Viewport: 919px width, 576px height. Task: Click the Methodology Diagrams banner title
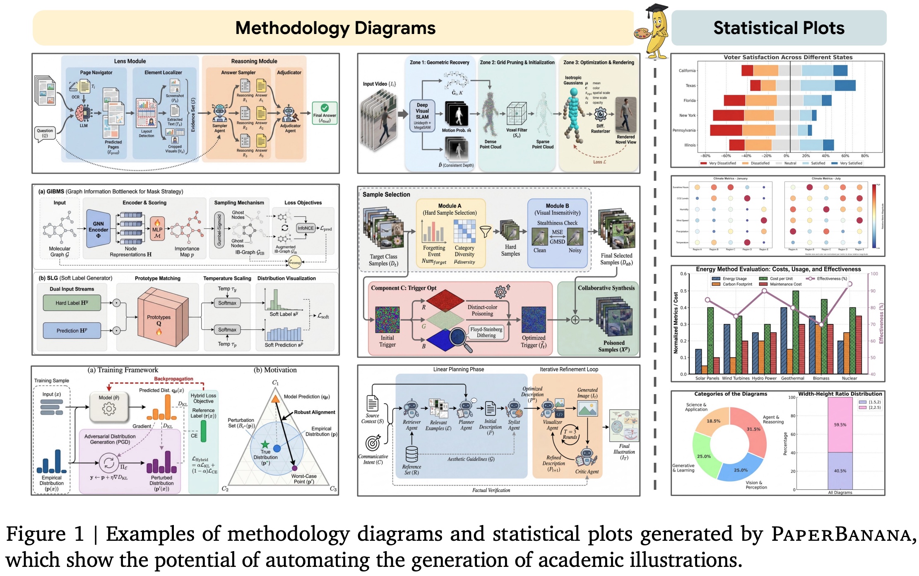pos(335,28)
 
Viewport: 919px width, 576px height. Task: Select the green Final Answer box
pos(325,113)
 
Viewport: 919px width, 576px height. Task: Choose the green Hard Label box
pos(72,303)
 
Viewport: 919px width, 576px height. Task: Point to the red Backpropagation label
pos(173,379)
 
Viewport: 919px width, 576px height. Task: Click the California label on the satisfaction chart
pos(687,70)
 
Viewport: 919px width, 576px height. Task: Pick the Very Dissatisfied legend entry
pos(718,163)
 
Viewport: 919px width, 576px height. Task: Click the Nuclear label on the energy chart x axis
pos(849,378)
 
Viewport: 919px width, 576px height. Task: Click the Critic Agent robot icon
pos(587,457)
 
